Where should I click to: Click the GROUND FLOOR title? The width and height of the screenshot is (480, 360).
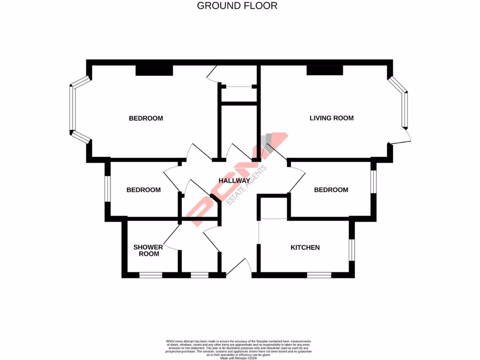(237, 6)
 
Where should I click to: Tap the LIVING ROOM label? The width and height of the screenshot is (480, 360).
(331, 118)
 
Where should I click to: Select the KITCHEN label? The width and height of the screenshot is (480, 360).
(305, 247)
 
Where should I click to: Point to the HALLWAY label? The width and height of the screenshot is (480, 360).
(234, 180)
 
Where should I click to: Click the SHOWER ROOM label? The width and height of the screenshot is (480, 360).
(148, 250)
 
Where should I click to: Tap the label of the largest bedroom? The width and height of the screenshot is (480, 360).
(146, 118)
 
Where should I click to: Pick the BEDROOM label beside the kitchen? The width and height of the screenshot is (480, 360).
(331, 190)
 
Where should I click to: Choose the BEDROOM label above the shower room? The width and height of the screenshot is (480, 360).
(143, 190)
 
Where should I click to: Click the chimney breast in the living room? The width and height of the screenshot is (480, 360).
(324, 70)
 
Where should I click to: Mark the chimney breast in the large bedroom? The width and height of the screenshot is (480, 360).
(154, 70)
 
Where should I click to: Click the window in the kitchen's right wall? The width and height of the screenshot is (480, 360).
(352, 249)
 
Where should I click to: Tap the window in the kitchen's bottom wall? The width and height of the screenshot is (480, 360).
(319, 275)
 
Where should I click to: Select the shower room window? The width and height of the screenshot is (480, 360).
(150, 275)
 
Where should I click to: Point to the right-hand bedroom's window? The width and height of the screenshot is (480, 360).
(373, 182)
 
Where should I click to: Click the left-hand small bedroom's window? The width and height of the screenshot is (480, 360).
(107, 188)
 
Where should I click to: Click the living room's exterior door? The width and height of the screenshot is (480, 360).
(402, 137)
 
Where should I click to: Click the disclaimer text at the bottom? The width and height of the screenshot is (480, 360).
(239, 349)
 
